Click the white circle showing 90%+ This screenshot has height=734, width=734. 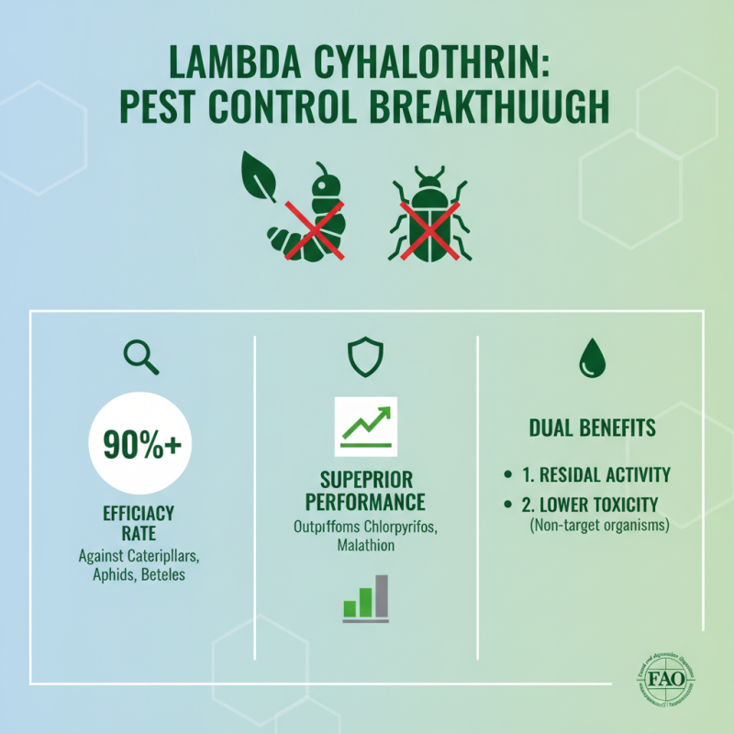(141, 444)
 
